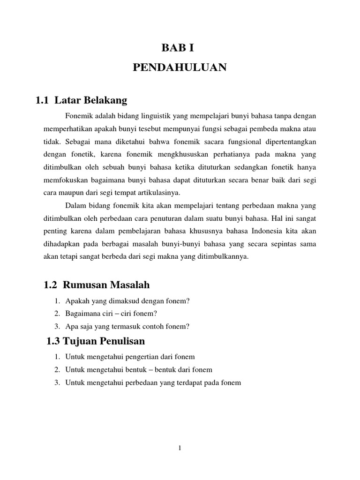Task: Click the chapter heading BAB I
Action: [180, 48]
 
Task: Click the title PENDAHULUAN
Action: [180, 68]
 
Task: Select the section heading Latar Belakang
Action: [91, 100]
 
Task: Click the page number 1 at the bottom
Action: [180, 448]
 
